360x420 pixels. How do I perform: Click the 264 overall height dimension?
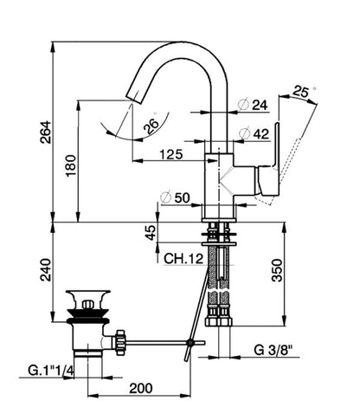46,132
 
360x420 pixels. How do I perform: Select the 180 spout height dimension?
71,165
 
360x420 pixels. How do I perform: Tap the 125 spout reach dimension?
171,154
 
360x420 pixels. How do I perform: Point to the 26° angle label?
151,125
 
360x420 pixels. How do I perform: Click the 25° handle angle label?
302,92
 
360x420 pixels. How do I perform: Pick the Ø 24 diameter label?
253,105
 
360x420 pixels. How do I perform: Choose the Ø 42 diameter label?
254,133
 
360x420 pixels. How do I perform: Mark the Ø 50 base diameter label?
175,197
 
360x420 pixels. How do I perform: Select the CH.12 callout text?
183,258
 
